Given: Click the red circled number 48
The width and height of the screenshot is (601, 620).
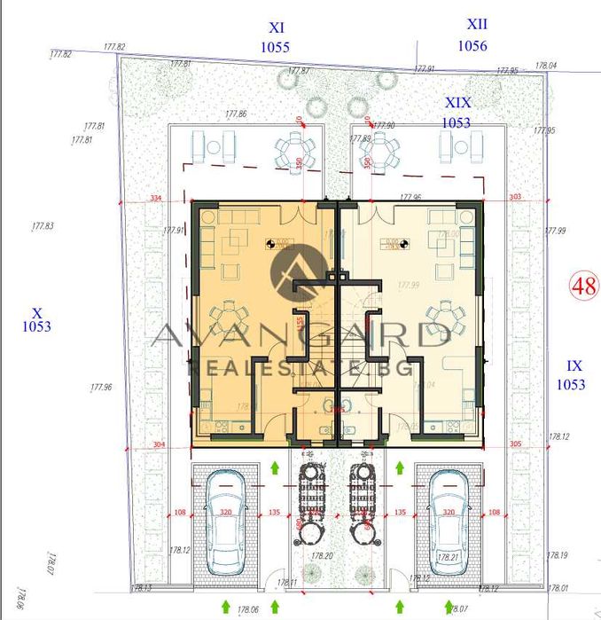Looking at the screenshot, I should click(582, 286).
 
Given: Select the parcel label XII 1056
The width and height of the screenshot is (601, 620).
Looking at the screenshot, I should click(472, 37).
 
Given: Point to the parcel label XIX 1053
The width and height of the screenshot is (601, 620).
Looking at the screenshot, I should click(457, 113).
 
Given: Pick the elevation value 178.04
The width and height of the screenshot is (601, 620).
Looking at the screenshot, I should click(546, 66).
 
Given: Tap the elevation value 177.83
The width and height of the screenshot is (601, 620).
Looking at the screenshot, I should click(42, 226).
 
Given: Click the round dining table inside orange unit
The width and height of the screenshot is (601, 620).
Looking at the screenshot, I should click(233, 313).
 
